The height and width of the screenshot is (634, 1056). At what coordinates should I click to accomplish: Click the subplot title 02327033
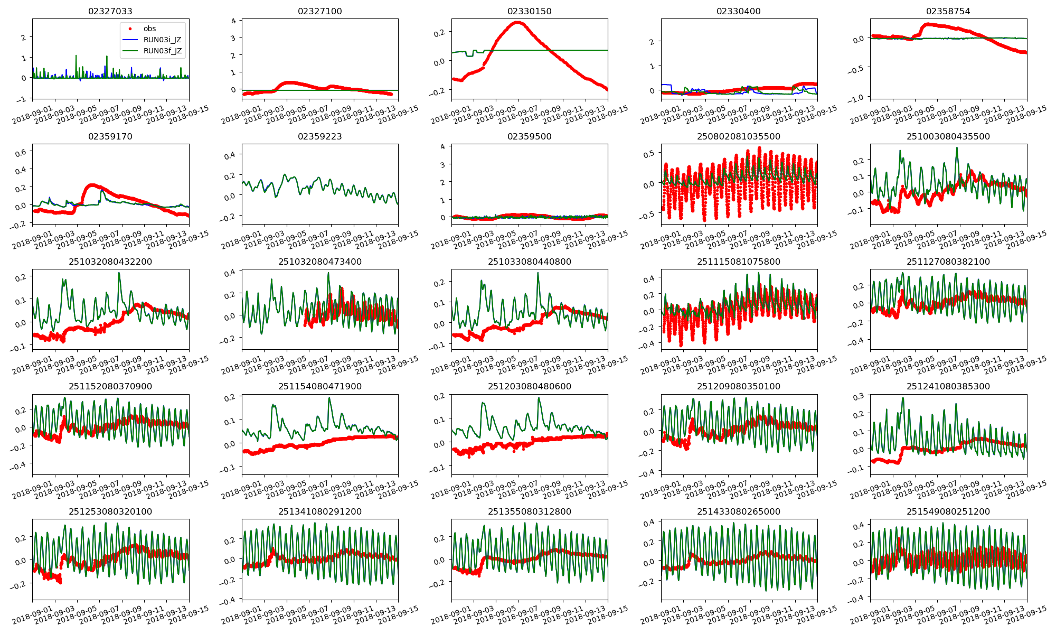point(110,11)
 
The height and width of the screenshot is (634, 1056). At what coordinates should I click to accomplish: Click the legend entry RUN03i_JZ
point(162,40)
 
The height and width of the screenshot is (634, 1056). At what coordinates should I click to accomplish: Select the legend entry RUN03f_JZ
point(162,51)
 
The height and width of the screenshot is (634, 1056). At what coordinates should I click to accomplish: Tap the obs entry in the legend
point(149,29)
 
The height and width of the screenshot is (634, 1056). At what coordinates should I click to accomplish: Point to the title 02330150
point(529,11)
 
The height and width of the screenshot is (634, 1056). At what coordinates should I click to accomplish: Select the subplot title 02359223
point(319,136)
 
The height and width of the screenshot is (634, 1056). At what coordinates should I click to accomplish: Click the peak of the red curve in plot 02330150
point(517,22)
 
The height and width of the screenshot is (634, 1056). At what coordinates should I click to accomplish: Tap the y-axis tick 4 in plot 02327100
point(233,21)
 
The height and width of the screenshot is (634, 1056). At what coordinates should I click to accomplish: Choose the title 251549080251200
point(948,511)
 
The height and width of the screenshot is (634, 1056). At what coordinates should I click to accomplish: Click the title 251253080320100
point(110,511)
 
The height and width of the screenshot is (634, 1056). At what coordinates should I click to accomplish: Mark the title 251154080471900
point(319,386)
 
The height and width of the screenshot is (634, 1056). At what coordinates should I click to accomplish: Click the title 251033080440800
point(529,262)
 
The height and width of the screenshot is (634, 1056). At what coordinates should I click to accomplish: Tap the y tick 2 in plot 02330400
point(652,42)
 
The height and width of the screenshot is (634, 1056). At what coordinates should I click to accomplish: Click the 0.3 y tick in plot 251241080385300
point(859,396)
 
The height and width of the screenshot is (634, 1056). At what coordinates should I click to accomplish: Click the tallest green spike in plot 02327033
point(76,55)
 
